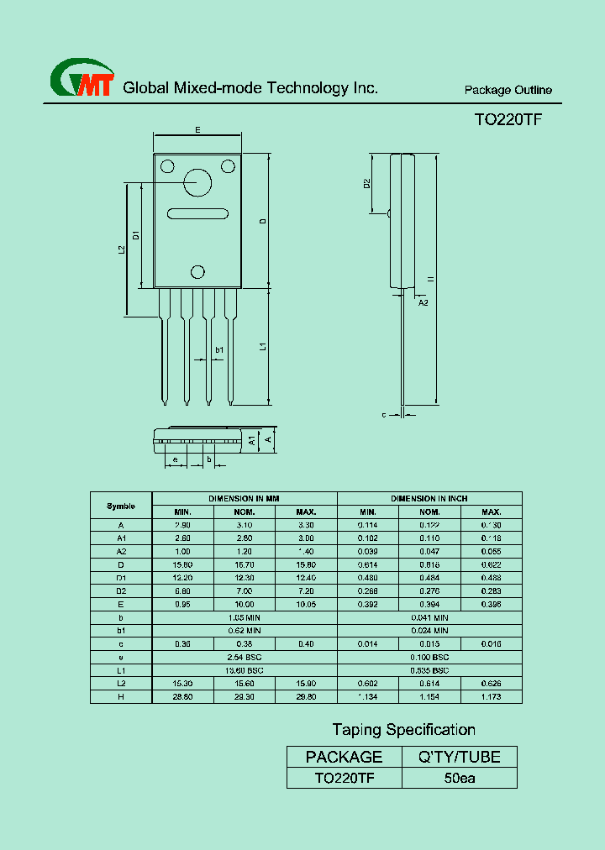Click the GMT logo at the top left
[82, 79]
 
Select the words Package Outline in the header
[508, 90]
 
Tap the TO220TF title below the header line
[508, 120]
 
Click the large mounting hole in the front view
[198, 182]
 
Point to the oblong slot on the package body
[197, 212]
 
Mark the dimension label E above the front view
[197, 130]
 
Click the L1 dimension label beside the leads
[262, 346]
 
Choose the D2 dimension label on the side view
[367, 183]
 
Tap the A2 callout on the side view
[423, 302]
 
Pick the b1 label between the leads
[219, 349]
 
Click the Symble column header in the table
[121, 506]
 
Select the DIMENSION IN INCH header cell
[429, 498]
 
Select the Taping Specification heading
[403, 730]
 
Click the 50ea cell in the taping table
[460, 779]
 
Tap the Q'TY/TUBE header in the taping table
[460, 757]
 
